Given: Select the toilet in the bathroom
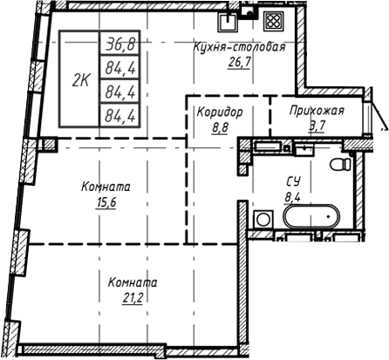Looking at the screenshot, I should point(341,163).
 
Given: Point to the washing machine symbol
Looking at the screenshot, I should point(261,219).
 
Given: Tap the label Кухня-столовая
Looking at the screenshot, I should point(240,48).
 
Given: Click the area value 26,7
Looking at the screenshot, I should point(239,63).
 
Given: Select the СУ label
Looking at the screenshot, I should point(294,181).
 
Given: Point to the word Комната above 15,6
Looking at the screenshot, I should point(106,187).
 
